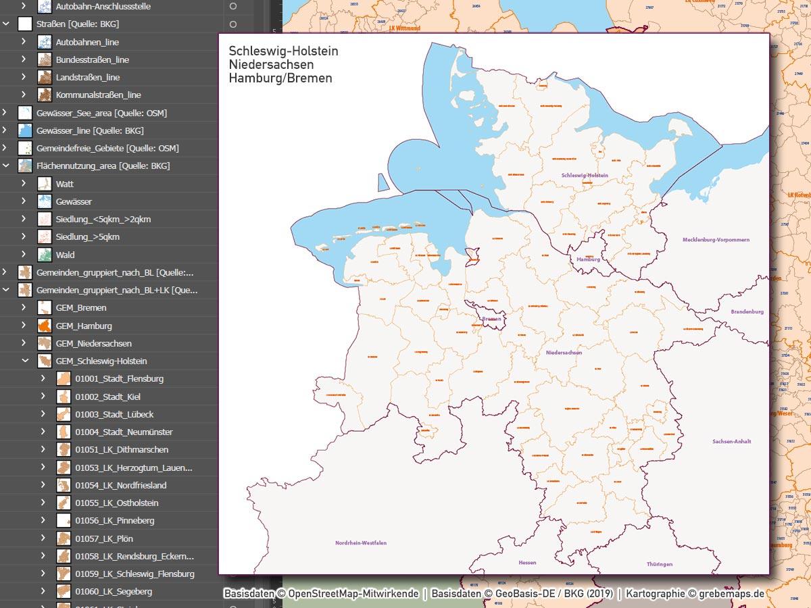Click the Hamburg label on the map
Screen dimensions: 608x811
pos(588,259)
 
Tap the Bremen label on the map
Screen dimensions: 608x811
pos(491,319)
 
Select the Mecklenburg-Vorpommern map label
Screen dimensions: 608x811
pos(716,240)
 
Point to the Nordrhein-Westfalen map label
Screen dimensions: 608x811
pos(361,542)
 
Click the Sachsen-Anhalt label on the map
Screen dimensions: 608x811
pos(731,441)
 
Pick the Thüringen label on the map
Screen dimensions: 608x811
pos(659,564)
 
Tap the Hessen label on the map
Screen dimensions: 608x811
pos(527,563)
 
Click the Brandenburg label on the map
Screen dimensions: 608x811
pos(747,311)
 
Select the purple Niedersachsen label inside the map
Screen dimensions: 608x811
pos(564,353)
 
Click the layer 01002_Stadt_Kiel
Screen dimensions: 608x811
pos(107,397)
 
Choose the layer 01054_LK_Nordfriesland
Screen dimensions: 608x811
pos(120,485)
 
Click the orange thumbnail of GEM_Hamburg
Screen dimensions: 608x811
pos(45,326)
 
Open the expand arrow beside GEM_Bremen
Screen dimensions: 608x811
pos(24,307)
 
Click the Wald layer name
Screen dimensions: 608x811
pos(65,255)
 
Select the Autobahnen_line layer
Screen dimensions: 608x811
pos(87,42)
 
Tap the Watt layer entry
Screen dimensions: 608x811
pos(65,184)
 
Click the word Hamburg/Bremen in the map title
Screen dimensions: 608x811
pos(280,78)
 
